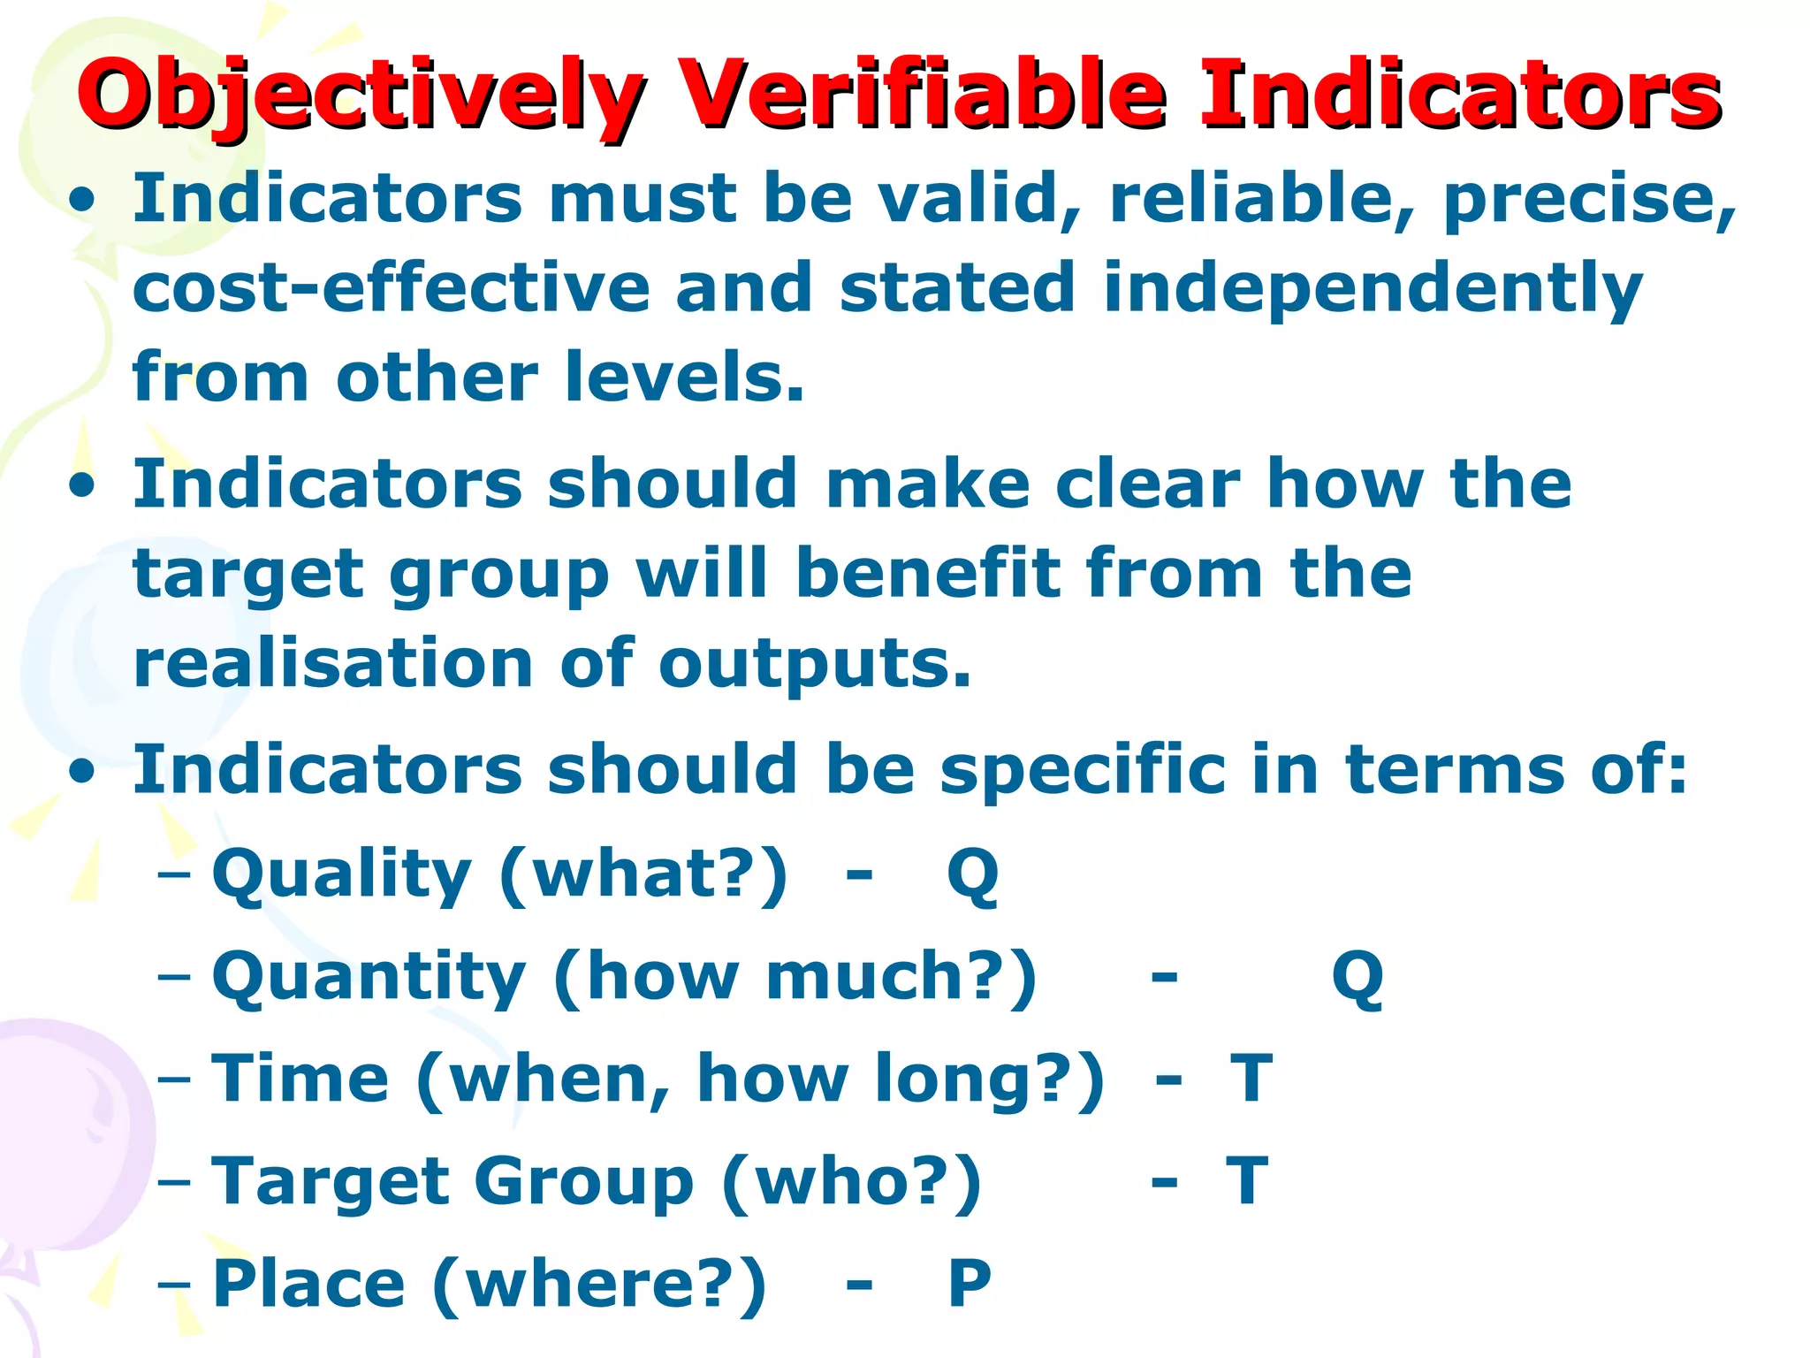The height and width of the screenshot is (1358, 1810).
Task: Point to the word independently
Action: click(x=1372, y=290)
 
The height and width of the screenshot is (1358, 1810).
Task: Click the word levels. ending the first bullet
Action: click(x=685, y=378)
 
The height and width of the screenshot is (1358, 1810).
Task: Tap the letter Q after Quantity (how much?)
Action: click(x=1357, y=977)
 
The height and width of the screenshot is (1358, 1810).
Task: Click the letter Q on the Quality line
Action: click(x=972, y=875)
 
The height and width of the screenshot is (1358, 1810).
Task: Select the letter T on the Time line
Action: click(x=1251, y=1078)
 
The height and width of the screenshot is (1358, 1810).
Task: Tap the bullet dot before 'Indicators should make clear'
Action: click(x=82, y=487)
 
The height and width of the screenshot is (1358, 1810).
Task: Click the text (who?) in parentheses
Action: click(x=851, y=1181)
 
